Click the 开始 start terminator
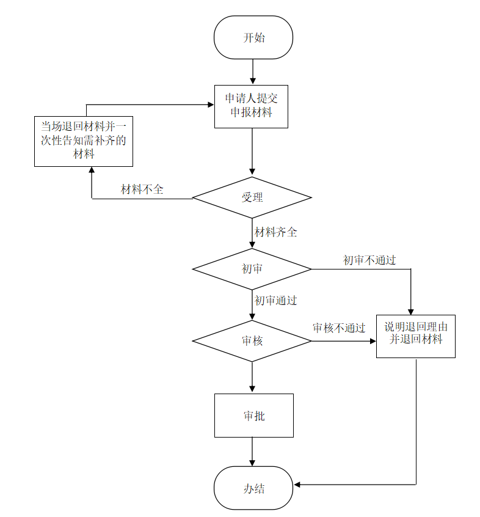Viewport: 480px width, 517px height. tap(253, 37)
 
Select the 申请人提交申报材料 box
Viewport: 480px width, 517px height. tap(251, 106)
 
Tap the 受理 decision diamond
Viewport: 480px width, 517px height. tap(252, 197)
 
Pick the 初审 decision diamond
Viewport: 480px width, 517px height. tap(252, 269)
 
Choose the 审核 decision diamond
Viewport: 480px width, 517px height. tap(252, 341)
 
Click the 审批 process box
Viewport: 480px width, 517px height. tap(253, 416)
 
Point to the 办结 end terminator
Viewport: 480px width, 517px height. tap(253, 488)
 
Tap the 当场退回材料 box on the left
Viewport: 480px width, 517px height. tap(84, 141)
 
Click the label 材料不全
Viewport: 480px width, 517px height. tap(142, 189)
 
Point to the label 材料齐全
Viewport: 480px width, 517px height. tap(275, 232)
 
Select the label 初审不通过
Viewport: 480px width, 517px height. tap(369, 260)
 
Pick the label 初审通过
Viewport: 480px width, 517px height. tap(275, 301)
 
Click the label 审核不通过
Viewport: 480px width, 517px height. tap(339, 328)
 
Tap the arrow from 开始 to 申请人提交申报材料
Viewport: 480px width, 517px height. tap(252, 71)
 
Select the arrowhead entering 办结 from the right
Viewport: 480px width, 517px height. tap(297, 485)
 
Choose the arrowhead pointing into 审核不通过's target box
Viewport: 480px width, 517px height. tap(373, 341)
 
